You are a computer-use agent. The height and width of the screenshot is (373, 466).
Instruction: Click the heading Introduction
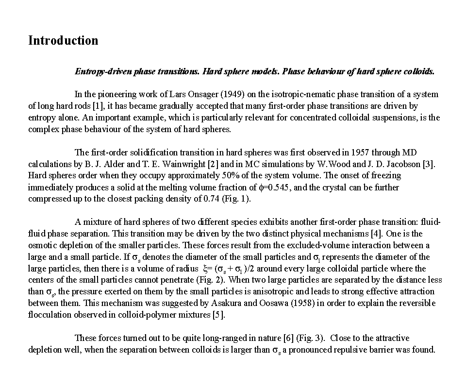click(x=63, y=40)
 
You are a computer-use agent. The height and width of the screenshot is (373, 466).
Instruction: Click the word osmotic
click(x=43, y=245)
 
